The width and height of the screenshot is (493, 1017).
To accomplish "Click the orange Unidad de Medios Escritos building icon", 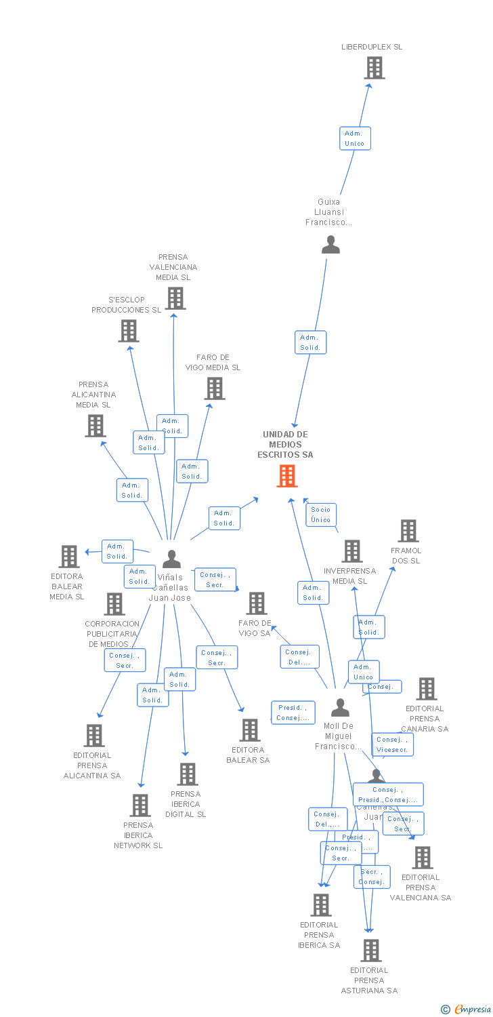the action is click(x=287, y=476).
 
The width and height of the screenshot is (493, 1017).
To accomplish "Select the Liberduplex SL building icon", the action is click(x=374, y=68).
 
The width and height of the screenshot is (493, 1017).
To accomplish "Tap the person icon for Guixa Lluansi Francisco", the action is click(x=330, y=244).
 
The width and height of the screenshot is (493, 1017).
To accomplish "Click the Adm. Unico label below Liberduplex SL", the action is click(x=355, y=138).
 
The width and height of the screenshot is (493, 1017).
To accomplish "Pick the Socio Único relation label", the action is click(x=321, y=515).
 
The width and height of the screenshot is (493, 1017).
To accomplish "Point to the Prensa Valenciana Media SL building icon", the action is click(x=175, y=298).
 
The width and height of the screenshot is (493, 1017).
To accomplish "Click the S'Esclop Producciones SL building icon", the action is click(x=128, y=331).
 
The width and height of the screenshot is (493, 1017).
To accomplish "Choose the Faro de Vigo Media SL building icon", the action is click(x=215, y=388).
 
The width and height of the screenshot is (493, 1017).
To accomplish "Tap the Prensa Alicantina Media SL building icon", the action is click(x=95, y=426).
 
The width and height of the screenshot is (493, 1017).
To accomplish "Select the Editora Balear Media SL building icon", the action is click(x=69, y=557).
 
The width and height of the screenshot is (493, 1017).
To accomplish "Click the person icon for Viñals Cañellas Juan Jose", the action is click(x=172, y=559).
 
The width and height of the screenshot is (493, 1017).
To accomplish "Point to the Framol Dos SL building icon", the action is click(x=408, y=531).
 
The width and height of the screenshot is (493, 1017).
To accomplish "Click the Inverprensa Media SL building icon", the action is click(x=351, y=551).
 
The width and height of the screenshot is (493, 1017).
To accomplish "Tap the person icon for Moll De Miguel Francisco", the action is click(x=340, y=708).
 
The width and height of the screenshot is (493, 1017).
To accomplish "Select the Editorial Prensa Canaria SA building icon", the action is click(x=426, y=689).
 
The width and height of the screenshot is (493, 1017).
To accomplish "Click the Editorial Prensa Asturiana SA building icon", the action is click(x=370, y=951).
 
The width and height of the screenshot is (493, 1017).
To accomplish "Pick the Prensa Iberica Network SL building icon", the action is click(x=140, y=805).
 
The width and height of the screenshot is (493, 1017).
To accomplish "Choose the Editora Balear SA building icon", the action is click(x=250, y=730).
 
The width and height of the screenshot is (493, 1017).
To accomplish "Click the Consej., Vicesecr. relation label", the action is click(x=392, y=744).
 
